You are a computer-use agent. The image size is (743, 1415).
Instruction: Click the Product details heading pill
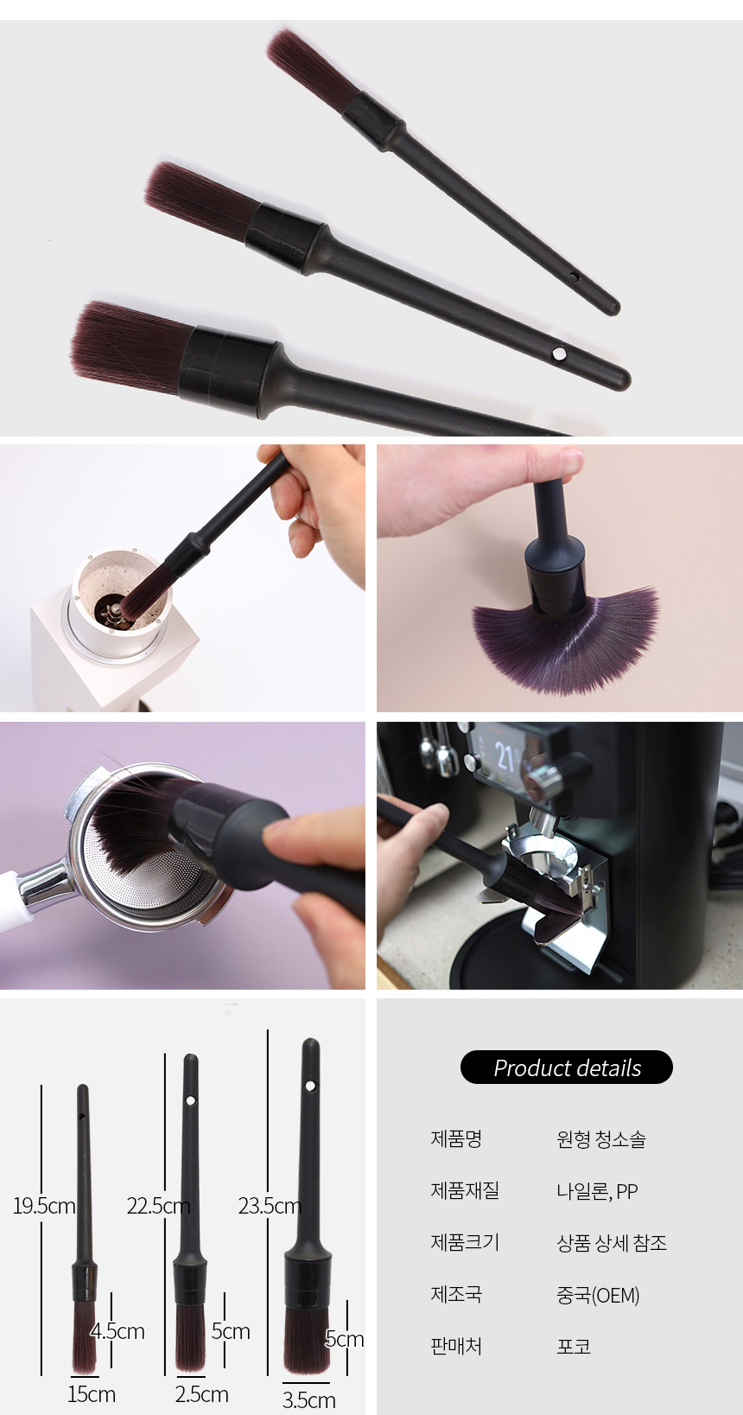566,1067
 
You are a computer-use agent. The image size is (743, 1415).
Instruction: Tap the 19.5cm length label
44,1206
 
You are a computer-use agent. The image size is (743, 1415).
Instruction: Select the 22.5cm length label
158,1206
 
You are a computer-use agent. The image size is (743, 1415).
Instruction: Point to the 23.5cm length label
270,1206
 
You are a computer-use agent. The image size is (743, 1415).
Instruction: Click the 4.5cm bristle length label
117,1331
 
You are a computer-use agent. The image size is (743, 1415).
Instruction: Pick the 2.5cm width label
201,1394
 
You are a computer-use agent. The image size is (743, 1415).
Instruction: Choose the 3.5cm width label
308,1399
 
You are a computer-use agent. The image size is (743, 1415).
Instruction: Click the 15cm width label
92,1394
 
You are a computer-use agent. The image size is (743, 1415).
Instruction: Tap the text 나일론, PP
597,1191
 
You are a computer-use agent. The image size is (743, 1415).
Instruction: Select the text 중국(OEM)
598,1295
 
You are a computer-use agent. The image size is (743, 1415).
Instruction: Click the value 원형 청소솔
601,1139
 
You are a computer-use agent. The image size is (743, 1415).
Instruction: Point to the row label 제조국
456,1294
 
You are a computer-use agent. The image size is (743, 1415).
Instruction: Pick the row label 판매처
456,1346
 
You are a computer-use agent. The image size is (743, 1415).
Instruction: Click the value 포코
573,1346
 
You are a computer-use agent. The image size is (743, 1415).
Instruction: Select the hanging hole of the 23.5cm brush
310,1086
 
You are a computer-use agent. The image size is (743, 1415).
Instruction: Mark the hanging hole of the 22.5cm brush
191,1100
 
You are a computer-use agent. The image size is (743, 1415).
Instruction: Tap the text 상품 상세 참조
611,1243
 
